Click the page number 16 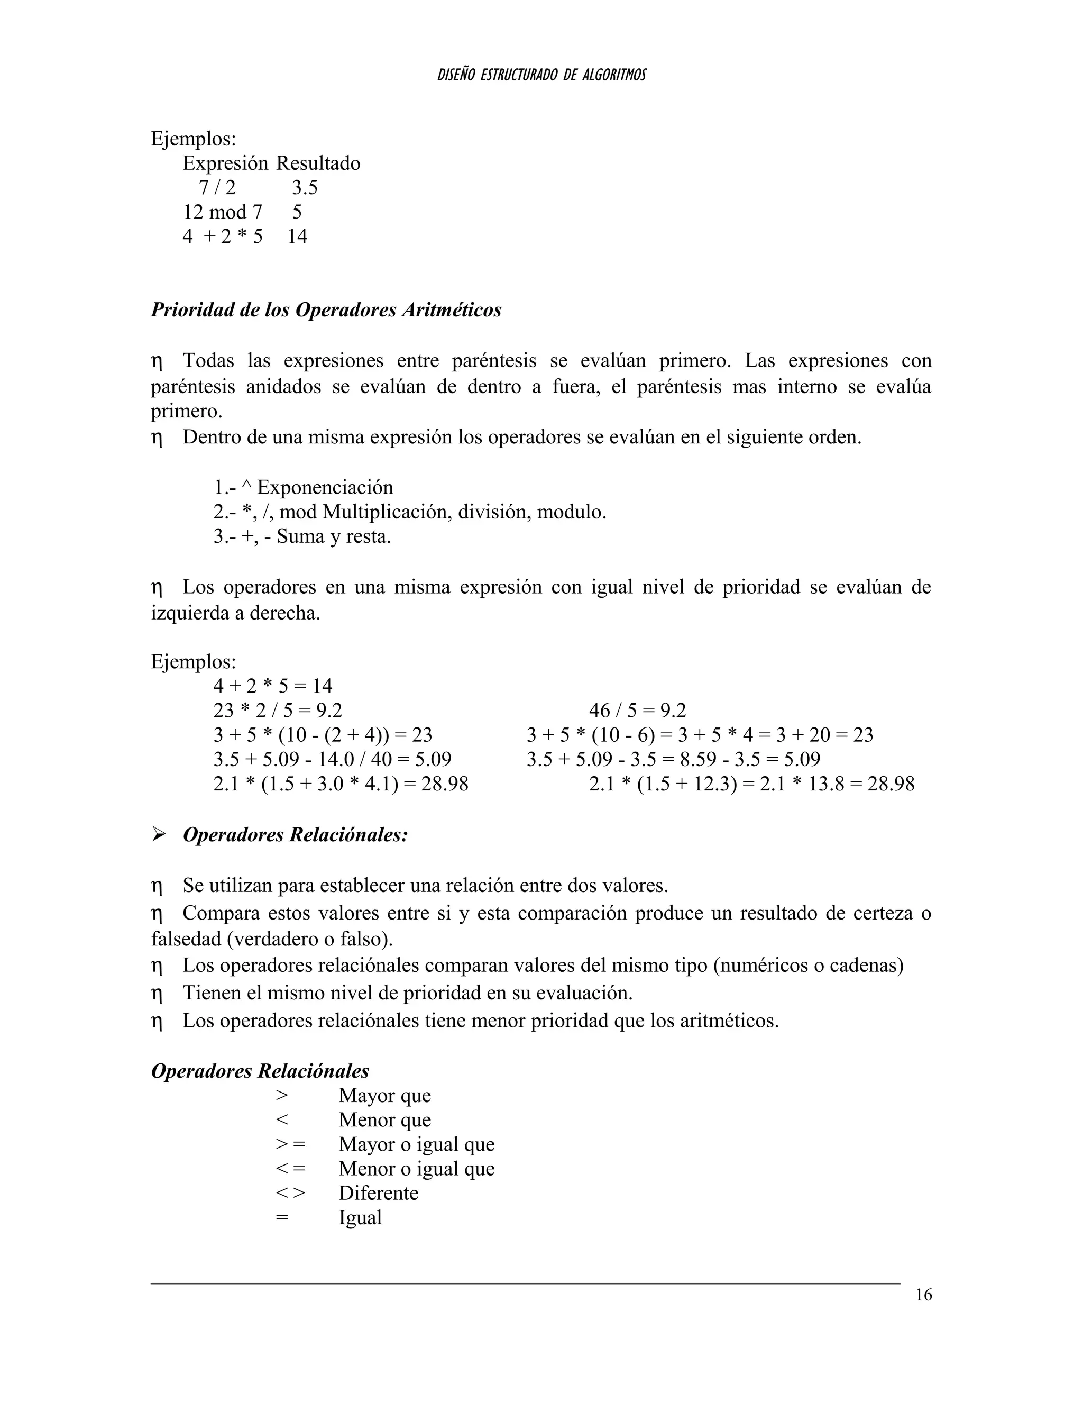[x=923, y=1295]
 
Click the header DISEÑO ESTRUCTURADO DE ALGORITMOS [x=541, y=75]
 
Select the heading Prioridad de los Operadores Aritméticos [x=326, y=310]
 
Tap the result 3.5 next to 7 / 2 [x=305, y=187]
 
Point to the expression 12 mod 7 [x=223, y=212]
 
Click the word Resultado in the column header [x=318, y=163]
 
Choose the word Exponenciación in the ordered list [x=325, y=487]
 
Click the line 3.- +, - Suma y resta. [x=302, y=536]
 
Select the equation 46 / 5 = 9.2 [x=637, y=711]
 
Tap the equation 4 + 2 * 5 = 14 [x=273, y=686]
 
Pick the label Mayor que [x=384, y=1095]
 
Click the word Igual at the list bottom [x=360, y=1218]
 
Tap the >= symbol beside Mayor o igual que [x=290, y=1144]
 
